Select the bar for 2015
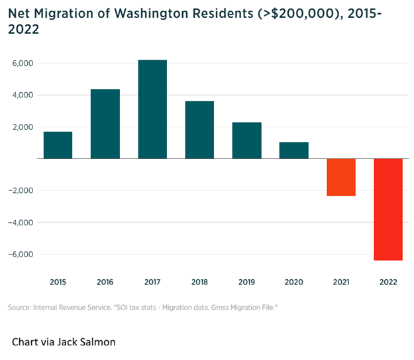point(58,145)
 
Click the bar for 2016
point(105,124)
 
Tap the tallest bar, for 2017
point(152,109)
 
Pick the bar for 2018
point(199,130)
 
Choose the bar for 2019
point(246,141)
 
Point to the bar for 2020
point(293,150)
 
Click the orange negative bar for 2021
point(341,177)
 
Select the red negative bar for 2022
point(388,210)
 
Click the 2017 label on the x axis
point(152,282)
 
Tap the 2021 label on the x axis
point(341,282)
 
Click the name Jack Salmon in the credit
point(92,343)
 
